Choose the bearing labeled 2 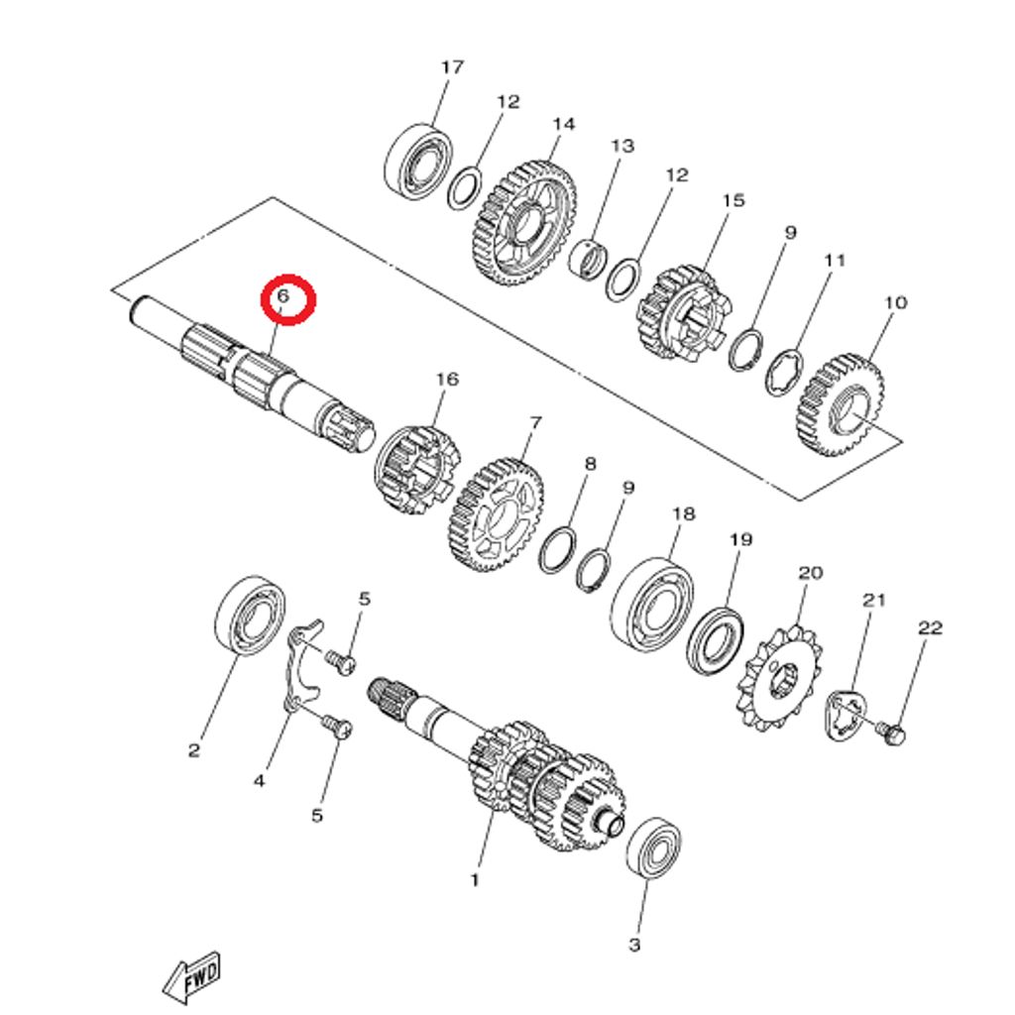(x=251, y=615)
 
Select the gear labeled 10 (x=841, y=406)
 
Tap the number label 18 (x=683, y=514)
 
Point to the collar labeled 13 (x=591, y=261)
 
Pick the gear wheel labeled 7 (x=496, y=513)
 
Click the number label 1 (x=474, y=879)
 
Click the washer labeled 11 (x=787, y=373)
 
